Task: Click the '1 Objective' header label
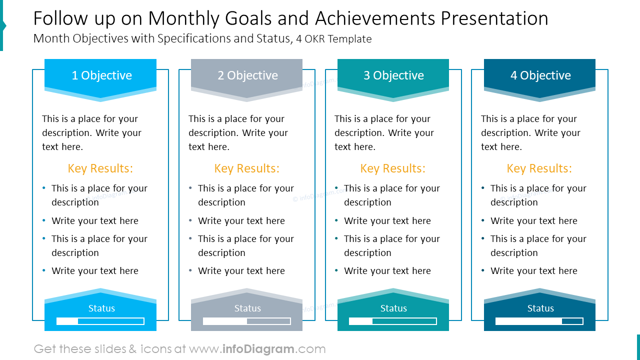[101, 75]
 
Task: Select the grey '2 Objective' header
[247, 75]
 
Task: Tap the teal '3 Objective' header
[393, 75]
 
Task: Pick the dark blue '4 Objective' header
[540, 75]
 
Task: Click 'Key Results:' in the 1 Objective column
[100, 168]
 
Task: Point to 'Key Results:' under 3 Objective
[393, 168]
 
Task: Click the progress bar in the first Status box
[100, 321]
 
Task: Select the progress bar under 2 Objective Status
[247, 321]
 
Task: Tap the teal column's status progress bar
[393, 321]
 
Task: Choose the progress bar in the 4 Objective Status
[539, 321]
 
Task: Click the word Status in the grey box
[247, 308]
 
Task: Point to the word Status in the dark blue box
[540, 308]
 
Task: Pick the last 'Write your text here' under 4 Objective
[533, 271]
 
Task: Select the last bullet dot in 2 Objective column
[190, 271]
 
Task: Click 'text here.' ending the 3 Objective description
[355, 147]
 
